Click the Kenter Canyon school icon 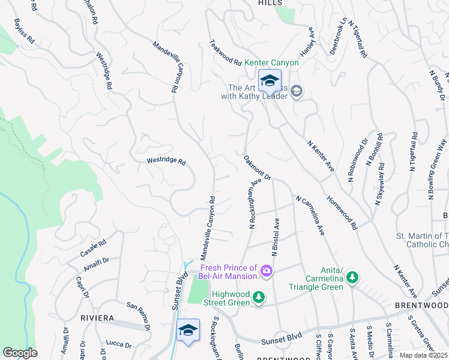pyautogui.click(x=270, y=80)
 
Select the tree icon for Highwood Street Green pyautogui.click(x=259, y=297)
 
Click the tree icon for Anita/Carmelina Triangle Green pyautogui.click(x=354, y=277)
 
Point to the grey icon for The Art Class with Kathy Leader pyautogui.click(x=297, y=91)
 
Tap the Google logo pyautogui.click(x=20, y=353)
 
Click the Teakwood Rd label pyautogui.click(x=225, y=53)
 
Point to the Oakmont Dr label pyautogui.click(x=258, y=169)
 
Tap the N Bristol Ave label pyautogui.click(x=276, y=237)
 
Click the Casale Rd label pyautogui.click(x=93, y=248)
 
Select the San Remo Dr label pyautogui.click(x=138, y=316)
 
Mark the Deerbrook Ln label pyautogui.click(x=338, y=36)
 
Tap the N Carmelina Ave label pyautogui.click(x=310, y=214)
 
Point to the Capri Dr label pyautogui.click(x=82, y=287)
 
